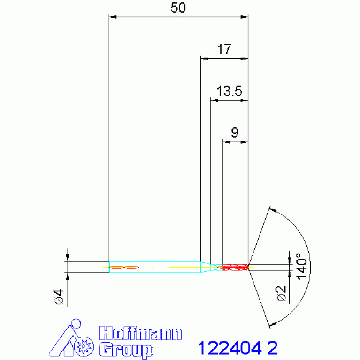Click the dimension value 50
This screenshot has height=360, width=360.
[x=178, y=9]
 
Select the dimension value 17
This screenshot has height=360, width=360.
[x=224, y=49]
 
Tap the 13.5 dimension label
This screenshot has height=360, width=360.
[x=229, y=91]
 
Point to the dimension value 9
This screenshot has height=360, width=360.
[x=235, y=132]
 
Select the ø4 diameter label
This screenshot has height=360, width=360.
[x=59, y=297]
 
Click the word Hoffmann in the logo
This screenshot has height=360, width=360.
[x=141, y=334]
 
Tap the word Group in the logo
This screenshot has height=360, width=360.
[x=126, y=349]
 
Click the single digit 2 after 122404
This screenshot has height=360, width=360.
[x=272, y=348]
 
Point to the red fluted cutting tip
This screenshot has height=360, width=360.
[x=235, y=267]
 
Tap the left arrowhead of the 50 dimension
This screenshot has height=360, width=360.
[x=112, y=17]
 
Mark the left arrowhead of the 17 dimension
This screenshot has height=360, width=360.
[x=204, y=59]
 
